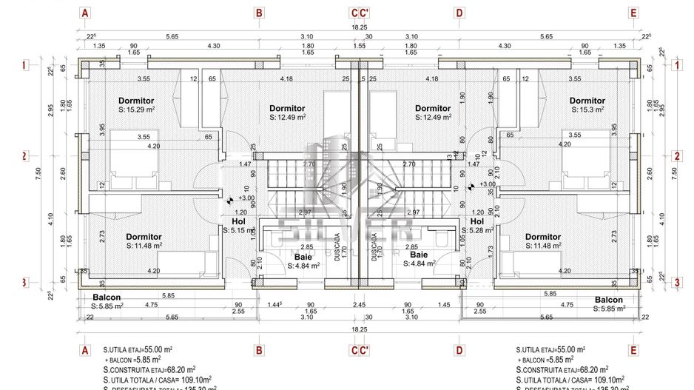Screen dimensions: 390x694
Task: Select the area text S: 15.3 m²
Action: coord(587,110)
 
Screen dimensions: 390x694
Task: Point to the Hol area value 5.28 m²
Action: coord(481,231)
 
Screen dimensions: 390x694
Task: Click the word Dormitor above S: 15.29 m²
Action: coord(136,101)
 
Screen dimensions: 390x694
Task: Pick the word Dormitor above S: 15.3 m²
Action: coord(587,101)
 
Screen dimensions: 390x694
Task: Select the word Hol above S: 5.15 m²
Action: coord(238,221)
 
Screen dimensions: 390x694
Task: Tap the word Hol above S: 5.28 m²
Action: coord(477,221)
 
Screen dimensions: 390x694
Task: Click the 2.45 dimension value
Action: coord(359,304)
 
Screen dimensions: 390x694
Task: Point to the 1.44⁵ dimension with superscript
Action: coord(276,304)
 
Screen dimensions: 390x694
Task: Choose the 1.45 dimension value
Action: coord(444,304)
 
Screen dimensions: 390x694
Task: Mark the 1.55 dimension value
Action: coord(359,46)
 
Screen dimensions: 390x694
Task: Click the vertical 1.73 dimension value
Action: coord(490,250)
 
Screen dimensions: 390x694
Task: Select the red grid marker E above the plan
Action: coord(633,13)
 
